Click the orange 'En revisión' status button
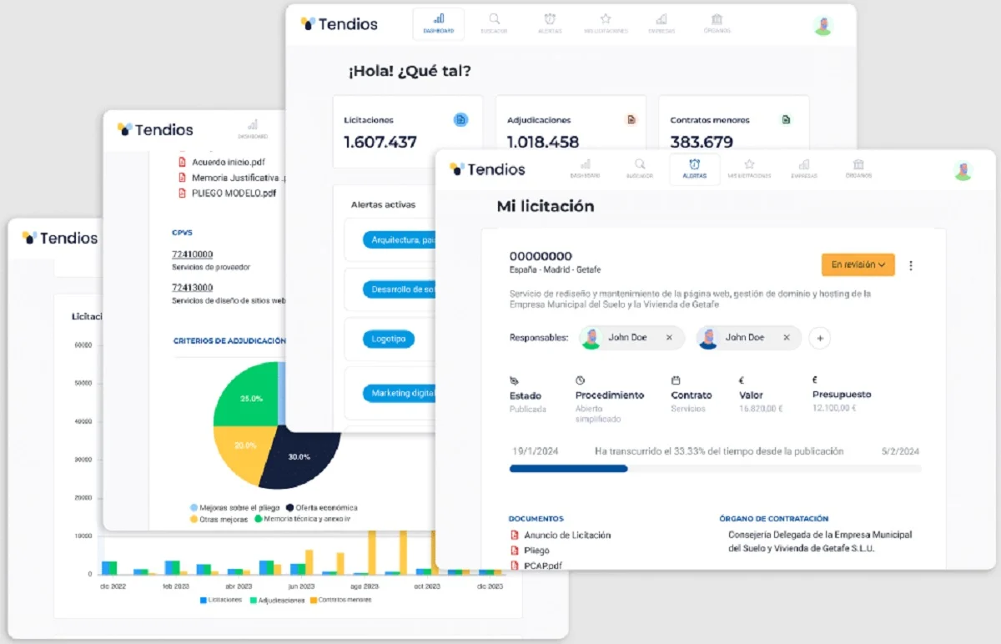[x=858, y=264]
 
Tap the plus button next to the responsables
[x=820, y=338]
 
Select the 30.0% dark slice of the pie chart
[x=299, y=457]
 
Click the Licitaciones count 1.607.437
[x=380, y=142]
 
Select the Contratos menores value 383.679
[x=702, y=142]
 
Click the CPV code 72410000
[x=192, y=254]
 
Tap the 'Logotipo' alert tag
[x=388, y=340]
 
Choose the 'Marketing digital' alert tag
[x=400, y=393]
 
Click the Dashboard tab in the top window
[x=439, y=23]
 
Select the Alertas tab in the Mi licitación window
[x=694, y=169]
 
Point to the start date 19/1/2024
[x=535, y=451]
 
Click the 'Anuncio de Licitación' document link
[x=567, y=535]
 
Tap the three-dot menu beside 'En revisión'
[x=911, y=265]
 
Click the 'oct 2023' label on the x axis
[x=426, y=586]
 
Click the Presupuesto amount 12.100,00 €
[x=834, y=409]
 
